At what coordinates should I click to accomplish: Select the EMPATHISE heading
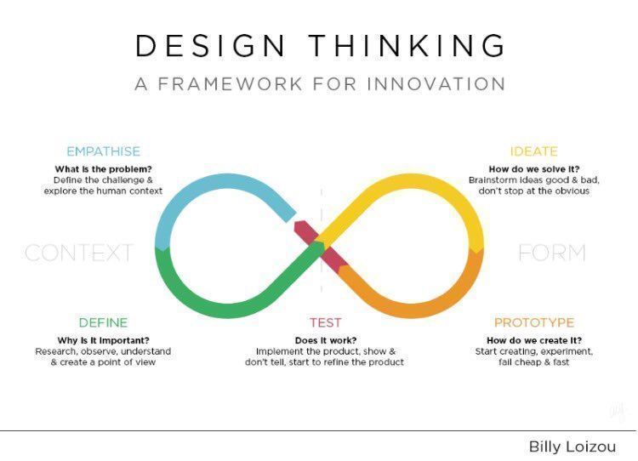[x=103, y=151]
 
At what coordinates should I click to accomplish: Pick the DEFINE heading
[x=103, y=322]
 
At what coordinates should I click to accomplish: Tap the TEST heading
[x=324, y=322]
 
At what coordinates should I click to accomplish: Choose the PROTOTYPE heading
[x=534, y=322]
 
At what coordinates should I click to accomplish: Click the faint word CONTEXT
[x=79, y=253]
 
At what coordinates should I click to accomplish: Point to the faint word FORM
[x=551, y=253]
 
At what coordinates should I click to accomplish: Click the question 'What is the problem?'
[x=103, y=168]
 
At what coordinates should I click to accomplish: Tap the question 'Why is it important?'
[x=103, y=340]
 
